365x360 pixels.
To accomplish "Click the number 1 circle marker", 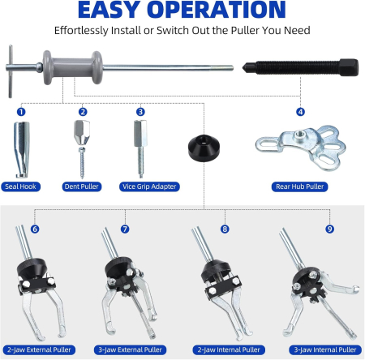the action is [x=21, y=112].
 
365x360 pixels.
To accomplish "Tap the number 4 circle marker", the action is [x=300, y=112].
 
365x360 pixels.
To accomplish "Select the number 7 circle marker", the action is [x=125, y=229].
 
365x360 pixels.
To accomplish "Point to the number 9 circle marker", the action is [x=329, y=229].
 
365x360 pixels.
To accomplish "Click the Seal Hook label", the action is [x=20, y=186].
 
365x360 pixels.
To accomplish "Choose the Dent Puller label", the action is [x=82, y=186].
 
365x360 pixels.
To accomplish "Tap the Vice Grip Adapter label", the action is [x=149, y=186].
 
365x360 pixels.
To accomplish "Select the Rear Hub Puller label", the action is [x=299, y=186].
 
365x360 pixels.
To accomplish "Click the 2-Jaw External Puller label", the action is [x=39, y=349].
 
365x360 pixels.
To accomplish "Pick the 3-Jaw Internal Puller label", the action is [x=325, y=349].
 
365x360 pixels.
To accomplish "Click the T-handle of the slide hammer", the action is [x=11, y=71].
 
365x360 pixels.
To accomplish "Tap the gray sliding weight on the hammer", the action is [x=73, y=67].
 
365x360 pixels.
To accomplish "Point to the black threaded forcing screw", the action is [x=300, y=67].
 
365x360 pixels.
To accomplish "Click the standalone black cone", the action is [x=204, y=148].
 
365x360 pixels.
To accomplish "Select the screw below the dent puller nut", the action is [x=82, y=163].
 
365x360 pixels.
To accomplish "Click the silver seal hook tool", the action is [x=22, y=150].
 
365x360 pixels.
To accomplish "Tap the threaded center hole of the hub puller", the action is [x=299, y=134].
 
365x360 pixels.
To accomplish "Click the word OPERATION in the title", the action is [x=217, y=10].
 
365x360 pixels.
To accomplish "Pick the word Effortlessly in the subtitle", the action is [x=81, y=31].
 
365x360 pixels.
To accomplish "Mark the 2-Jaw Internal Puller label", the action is [x=229, y=349].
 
